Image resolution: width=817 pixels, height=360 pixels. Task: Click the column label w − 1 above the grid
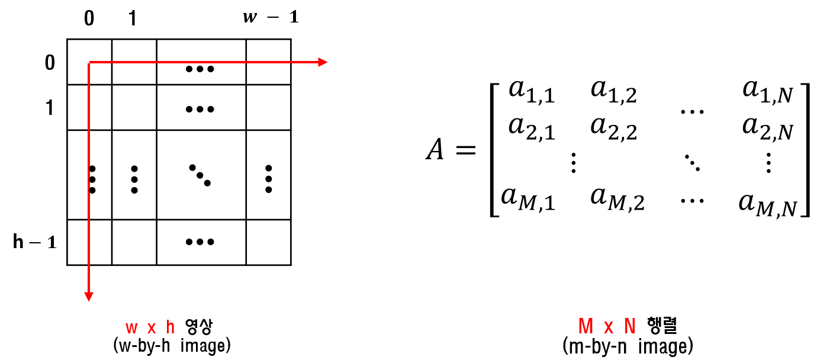[x=271, y=17]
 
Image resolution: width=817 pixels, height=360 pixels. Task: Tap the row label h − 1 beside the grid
[x=34, y=242]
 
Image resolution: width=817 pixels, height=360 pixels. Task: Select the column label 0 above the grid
[x=89, y=18]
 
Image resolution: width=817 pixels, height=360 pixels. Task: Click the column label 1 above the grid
[x=132, y=18]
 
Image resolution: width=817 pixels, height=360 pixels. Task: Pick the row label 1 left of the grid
[x=50, y=108]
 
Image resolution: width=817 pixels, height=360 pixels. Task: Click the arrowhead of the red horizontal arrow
[x=323, y=62]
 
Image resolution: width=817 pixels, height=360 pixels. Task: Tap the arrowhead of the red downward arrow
[x=89, y=295]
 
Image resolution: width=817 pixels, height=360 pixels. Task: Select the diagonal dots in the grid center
[x=200, y=175]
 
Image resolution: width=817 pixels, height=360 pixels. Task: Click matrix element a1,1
[x=531, y=92]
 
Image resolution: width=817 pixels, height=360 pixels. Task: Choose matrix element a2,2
[x=613, y=129]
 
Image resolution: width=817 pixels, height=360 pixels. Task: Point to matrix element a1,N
[x=767, y=92]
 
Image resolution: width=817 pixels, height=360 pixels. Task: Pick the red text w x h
[x=151, y=326]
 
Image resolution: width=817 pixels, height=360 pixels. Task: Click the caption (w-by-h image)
[x=171, y=345]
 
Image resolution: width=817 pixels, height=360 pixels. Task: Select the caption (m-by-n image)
[x=629, y=346]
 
